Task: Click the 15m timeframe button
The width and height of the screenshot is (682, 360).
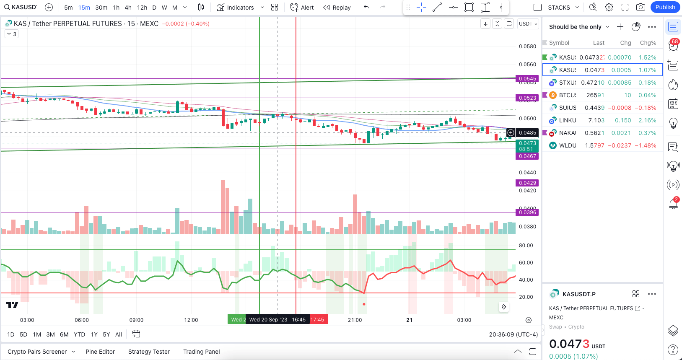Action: [x=84, y=8]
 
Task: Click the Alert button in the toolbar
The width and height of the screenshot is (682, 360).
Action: [x=302, y=8]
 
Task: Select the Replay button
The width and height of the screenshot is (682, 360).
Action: [x=337, y=8]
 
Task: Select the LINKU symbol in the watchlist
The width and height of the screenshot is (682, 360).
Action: [x=568, y=120]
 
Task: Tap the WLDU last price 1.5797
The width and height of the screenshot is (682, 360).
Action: [x=595, y=145]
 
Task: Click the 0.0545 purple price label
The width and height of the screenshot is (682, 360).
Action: [x=527, y=79]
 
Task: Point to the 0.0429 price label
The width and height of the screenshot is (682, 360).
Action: [x=527, y=183]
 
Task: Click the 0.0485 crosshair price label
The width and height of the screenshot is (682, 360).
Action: [x=527, y=133]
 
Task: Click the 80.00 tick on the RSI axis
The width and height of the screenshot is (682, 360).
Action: [x=526, y=246]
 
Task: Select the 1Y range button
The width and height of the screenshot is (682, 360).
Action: [x=94, y=334]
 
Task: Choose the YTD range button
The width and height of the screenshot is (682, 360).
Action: [x=79, y=334]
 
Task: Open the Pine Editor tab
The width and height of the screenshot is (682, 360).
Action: [x=100, y=352]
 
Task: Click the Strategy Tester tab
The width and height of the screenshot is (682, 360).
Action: [x=149, y=352]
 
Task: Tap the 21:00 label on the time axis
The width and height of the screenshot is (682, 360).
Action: [x=355, y=320]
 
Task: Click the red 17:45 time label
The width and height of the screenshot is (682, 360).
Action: [x=317, y=320]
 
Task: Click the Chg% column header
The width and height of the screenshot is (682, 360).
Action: [x=648, y=43]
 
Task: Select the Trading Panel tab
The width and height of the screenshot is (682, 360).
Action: [x=201, y=352]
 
